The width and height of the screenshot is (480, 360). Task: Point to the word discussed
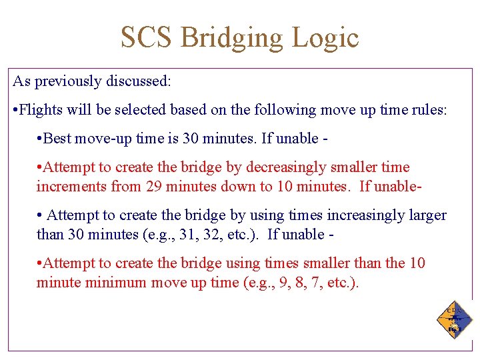[139, 81]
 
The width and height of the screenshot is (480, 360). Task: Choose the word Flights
[41, 110]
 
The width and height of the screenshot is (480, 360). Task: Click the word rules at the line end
[431, 110]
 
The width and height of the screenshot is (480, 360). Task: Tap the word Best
[58, 139]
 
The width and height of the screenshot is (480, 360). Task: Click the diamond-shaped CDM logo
[455, 319]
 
